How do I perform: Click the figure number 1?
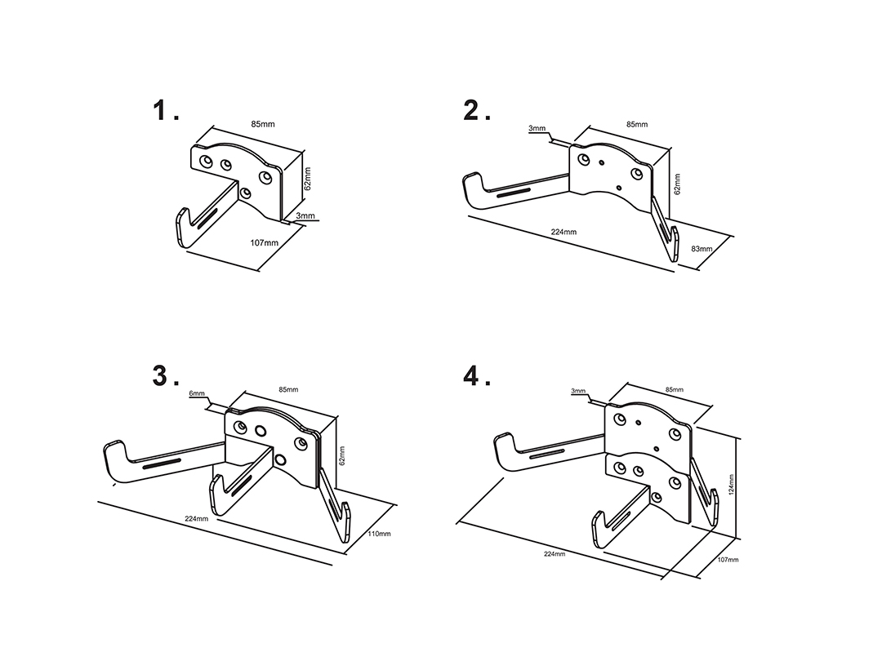[162, 110]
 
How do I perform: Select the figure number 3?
[162, 375]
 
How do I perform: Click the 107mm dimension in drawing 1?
[265, 243]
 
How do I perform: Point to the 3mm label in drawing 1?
[305, 215]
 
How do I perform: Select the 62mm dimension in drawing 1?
[308, 178]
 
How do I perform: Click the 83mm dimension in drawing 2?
[702, 249]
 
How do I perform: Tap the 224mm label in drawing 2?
[563, 232]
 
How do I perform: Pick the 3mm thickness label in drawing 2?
[537, 128]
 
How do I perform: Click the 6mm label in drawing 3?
[197, 393]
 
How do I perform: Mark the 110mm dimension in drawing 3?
[379, 534]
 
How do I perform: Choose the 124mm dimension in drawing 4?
[731, 485]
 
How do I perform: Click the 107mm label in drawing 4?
[728, 560]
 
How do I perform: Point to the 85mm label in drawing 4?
[675, 389]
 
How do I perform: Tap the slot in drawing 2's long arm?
[512, 193]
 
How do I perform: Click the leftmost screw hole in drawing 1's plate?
[207, 162]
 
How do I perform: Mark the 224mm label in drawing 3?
[196, 518]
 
